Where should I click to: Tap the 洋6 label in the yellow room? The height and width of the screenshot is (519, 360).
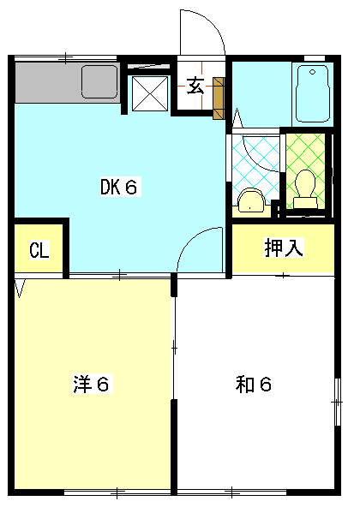[90, 385]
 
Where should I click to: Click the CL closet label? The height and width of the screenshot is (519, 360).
[39, 250]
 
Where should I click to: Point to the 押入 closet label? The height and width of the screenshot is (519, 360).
[282, 248]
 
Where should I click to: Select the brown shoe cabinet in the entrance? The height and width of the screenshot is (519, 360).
[218, 96]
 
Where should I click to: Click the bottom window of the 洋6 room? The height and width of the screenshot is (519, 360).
[120, 492]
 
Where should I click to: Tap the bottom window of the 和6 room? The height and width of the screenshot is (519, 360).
[231, 492]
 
